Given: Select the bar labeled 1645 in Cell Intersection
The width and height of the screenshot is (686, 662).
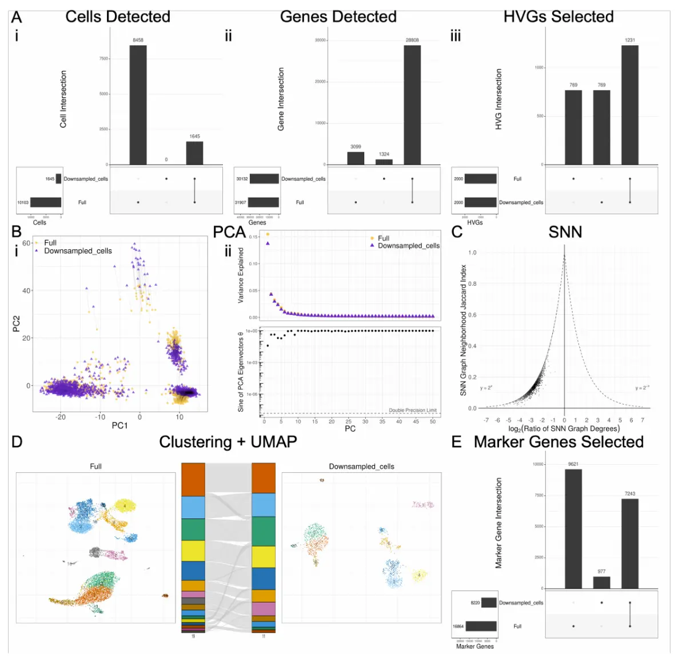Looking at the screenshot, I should click(194, 153).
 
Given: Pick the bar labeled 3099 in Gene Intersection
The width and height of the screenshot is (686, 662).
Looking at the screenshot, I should click(356, 158).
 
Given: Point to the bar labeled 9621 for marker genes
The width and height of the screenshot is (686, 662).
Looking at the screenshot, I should click(573, 529).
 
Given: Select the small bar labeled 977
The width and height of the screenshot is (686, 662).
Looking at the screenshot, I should click(601, 582).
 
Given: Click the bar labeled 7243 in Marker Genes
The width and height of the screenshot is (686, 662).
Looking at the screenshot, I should click(630, 544).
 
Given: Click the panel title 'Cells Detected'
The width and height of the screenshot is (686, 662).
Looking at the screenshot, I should click(118, 17).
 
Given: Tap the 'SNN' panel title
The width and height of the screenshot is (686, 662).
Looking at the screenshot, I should click(565, 232).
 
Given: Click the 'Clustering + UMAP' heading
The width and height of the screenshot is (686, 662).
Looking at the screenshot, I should click(228, 442).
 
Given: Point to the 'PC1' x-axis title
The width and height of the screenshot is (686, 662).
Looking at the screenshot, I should click(119, 425).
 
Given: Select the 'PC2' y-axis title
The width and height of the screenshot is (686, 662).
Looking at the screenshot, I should click(17, 324).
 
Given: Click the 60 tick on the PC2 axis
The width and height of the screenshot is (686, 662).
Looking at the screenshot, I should click(26, 243).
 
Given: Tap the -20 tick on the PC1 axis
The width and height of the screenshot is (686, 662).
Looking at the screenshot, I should click(61, 417).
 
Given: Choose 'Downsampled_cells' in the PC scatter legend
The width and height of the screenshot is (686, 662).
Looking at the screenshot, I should click(78, 251).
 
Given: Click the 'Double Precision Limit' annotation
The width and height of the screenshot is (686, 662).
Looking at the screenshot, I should click(413, 410).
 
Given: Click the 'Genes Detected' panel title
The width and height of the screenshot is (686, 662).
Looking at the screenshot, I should click(338, 17).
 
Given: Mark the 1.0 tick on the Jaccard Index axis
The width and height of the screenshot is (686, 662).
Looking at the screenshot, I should click(472, 253).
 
